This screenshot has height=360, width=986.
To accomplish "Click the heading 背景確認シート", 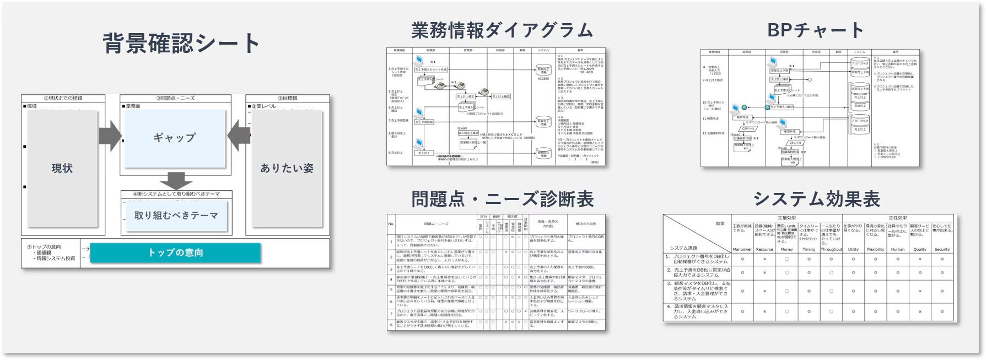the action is (181, 44).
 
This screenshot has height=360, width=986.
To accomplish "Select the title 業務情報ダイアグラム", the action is (502, 30).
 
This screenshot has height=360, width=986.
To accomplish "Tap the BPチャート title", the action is (815, 30).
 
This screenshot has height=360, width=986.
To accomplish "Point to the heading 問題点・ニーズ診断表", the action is (502, 199).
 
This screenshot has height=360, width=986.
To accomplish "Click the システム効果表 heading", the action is (816, 199).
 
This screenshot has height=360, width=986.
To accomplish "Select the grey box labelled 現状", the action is (62, 169).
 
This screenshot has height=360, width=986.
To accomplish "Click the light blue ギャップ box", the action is (175, 138).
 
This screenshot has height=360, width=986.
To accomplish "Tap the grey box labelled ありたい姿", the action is (287, 169).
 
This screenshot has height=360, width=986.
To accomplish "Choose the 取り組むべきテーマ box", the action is (176, 216).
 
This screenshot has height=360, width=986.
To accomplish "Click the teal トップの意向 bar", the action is (175, 252).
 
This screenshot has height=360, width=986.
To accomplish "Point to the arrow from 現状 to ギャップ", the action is (110, 136).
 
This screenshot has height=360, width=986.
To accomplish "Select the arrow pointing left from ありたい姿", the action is (239, 136).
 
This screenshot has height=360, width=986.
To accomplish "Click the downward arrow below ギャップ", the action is (176, 180).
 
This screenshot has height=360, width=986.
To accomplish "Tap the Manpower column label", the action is (742, 250).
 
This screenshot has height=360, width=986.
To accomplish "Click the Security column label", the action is (942, 250).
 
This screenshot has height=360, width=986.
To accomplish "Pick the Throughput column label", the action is (831, 250).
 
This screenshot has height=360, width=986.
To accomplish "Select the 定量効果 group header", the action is (786, 218).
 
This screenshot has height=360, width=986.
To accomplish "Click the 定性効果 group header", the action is (898, 218).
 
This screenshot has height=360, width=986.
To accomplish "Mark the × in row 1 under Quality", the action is (920, 259).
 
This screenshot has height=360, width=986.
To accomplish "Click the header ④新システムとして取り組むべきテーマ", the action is (176, 194).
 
